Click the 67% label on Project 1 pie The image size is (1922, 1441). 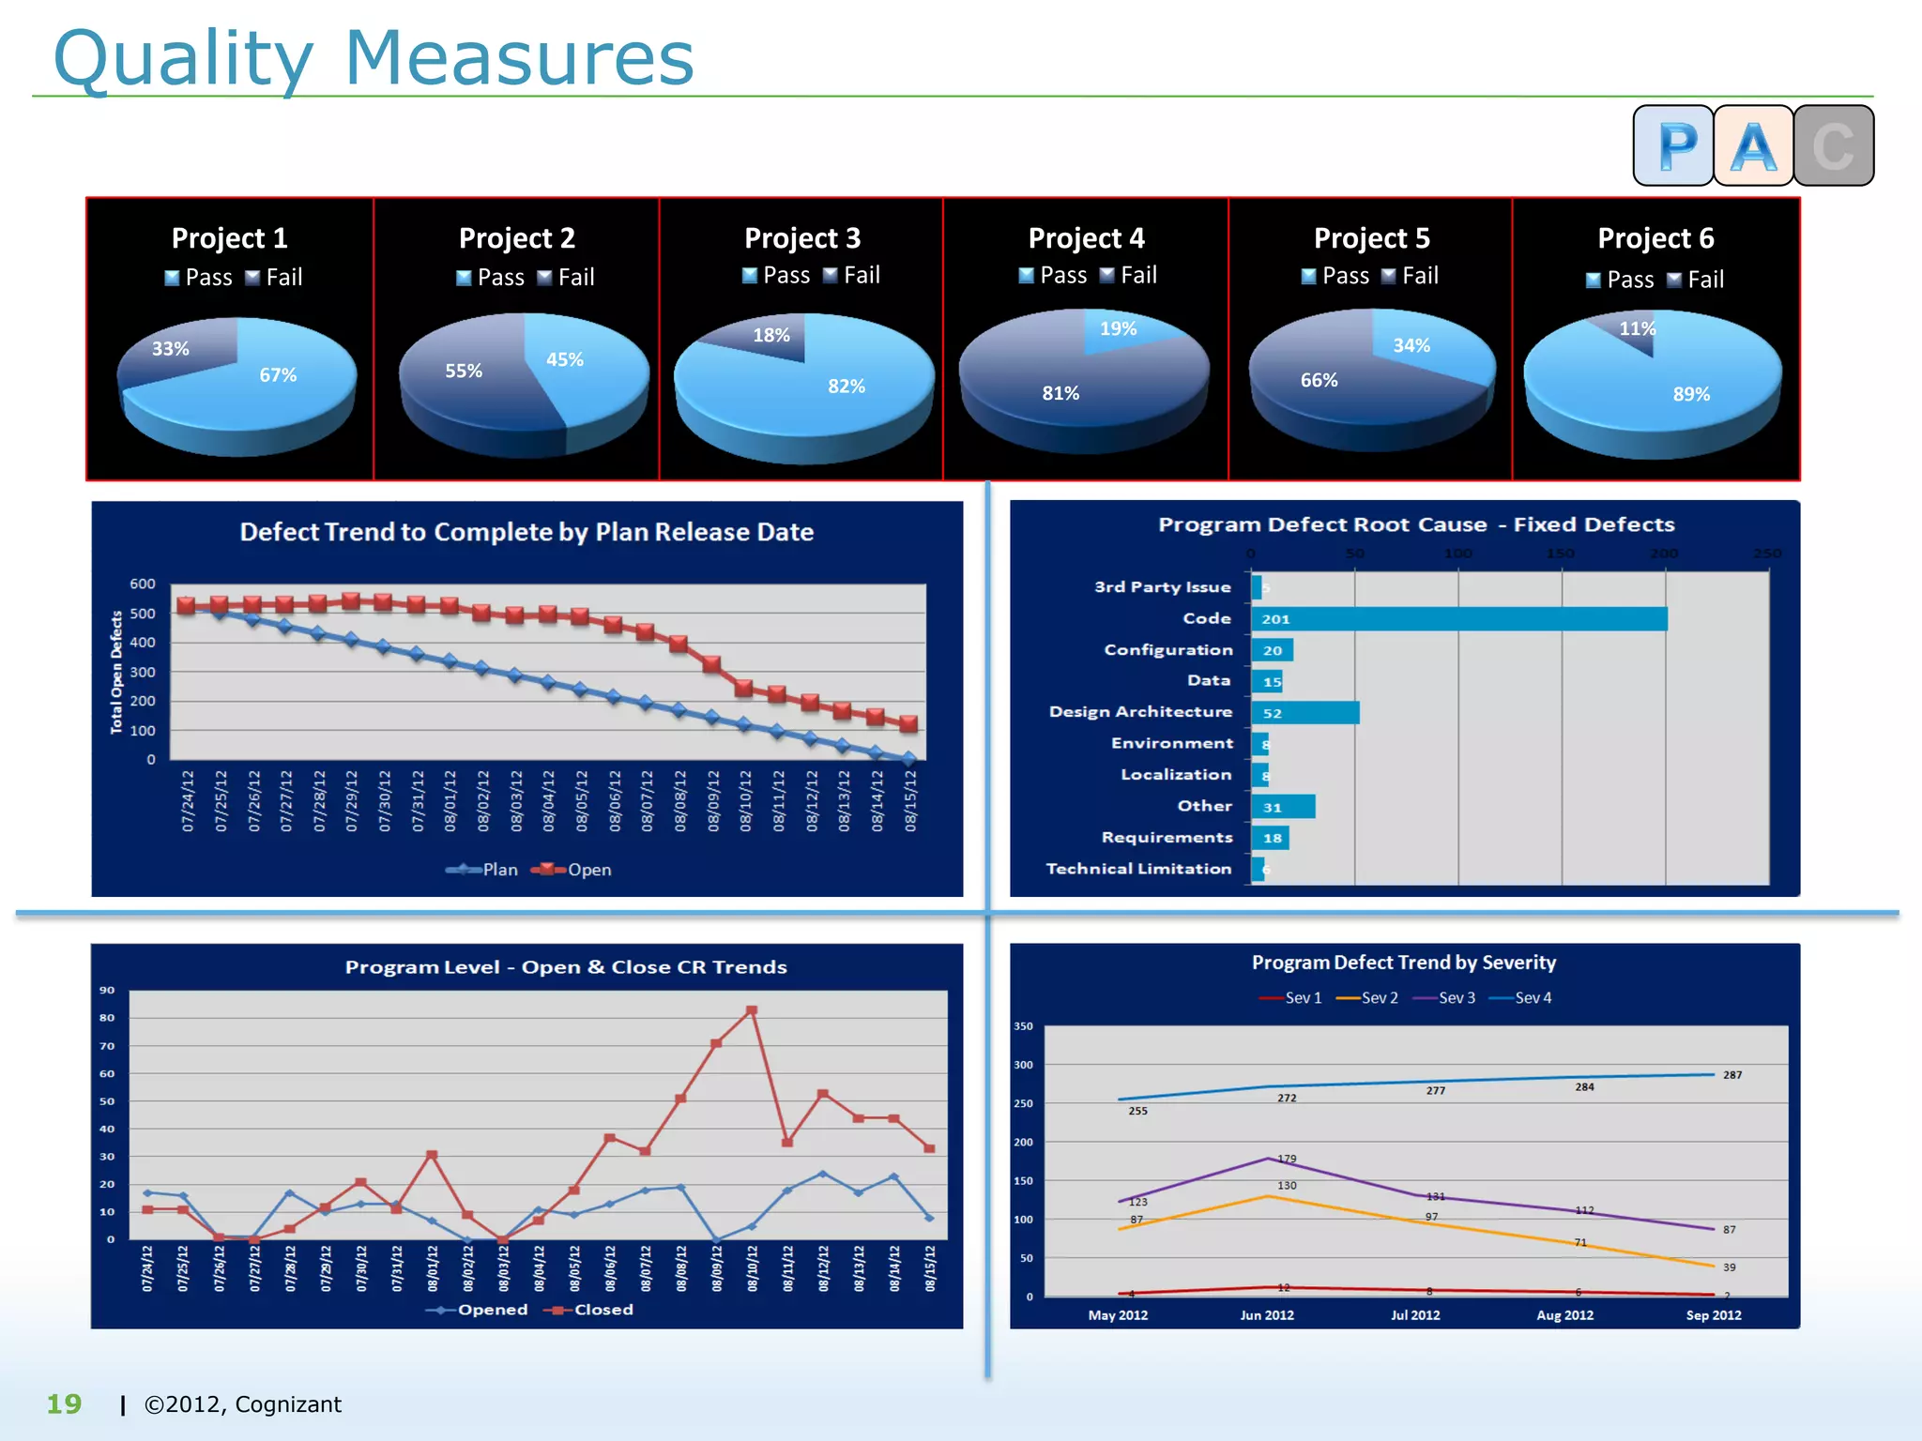click(278, 375)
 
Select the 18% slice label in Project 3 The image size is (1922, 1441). click(771, 335)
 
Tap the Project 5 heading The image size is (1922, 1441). click(1371, 238)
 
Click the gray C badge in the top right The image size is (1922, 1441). click(1834, 145)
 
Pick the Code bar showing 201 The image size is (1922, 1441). click(1458, 619)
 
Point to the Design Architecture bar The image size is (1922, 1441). click(1304, 713)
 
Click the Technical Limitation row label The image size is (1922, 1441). click(1138, 869)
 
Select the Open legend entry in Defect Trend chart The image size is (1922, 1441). click(572, 870)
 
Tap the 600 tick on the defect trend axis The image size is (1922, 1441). click(143, 584)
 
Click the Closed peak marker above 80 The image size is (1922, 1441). click(752, 1011)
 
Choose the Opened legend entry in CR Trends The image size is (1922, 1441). click(478, 1310)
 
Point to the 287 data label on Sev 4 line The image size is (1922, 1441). click(1732, 1075)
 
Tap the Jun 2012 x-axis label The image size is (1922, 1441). click(1267, 1315)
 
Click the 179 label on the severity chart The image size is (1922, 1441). click(1287, 1159)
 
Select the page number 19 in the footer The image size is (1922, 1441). click(64, 1404)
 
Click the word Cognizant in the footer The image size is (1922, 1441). click(288, 1404)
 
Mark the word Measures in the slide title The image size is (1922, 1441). click(519, 58)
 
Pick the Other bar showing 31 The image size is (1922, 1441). click(1283, 807)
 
